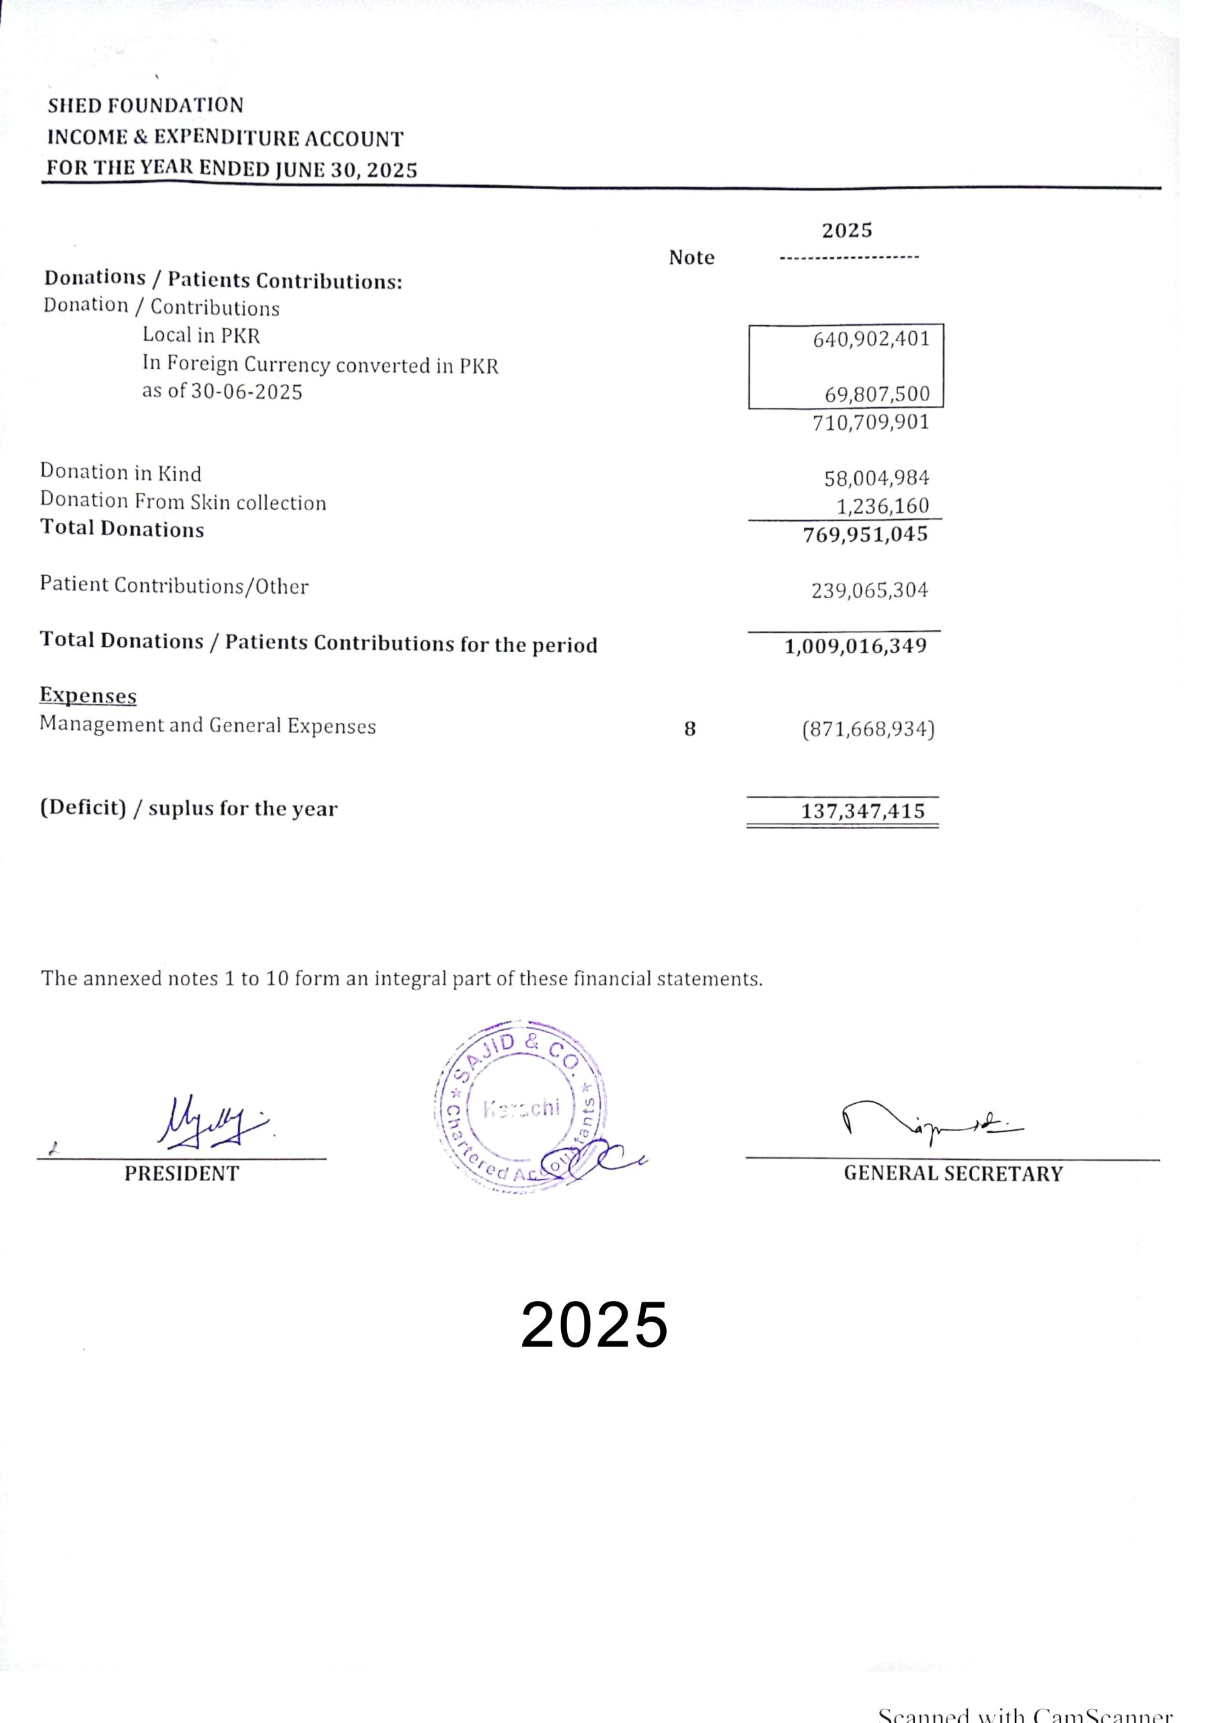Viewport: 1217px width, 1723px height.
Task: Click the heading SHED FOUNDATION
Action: (145, 105)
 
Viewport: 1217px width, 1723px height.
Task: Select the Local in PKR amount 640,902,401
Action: (871, 339)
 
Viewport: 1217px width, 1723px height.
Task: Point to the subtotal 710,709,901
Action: (871, 423)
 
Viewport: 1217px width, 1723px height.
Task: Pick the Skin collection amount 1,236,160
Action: (883, 505)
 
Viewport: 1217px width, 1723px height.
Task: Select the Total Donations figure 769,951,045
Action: (865, 534)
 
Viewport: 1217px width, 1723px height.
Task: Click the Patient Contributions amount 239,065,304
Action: (869, 590)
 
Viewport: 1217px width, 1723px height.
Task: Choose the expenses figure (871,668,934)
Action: (868, 729)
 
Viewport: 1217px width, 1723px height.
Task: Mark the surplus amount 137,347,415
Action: (863, 811)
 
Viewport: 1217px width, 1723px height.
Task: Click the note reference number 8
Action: (690, 729)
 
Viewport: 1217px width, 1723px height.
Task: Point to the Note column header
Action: (691, 257)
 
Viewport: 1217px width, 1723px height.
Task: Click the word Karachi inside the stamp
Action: (521, 1109)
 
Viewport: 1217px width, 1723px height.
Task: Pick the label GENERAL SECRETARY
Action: (953, 1174)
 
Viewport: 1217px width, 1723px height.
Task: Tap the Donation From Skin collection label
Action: (183, 501)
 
